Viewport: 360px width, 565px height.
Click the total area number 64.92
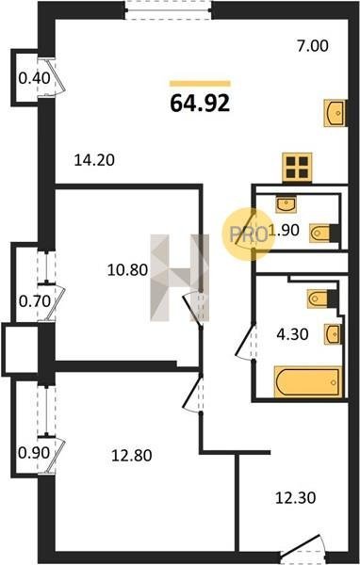click(x=200, y=103)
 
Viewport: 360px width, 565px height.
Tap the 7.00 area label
click(x=313, y=46)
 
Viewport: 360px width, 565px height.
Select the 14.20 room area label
click(x=94, y=160)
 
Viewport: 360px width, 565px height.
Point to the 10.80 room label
click(x=127, y=270)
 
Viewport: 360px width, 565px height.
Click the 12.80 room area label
click(x=132, y=456)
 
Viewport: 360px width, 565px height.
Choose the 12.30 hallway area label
click(x=295, y=498)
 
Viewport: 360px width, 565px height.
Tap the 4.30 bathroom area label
click(x=292, y=334)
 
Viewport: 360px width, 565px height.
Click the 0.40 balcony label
click(x=34, y=78)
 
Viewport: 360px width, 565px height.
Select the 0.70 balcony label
click(x=35, y=301)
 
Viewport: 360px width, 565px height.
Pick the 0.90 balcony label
click(x=34, y=453)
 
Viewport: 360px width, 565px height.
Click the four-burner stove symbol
click(x=297, y=168)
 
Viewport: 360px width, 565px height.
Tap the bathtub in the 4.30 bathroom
click(x=308, y=382)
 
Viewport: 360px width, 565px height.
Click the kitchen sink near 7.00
click(x=335, y=113)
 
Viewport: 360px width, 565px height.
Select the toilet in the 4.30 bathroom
click(x=322, y=299)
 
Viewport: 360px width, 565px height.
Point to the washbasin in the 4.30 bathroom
click(x=333, y=334)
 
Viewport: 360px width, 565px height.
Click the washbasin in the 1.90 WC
click(x=286, y=204)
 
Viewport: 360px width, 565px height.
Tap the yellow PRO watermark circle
click(x=248, y=234)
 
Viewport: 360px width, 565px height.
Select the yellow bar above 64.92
click(x=200, y=84)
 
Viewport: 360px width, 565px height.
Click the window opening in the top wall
click(x=168, y=9)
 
